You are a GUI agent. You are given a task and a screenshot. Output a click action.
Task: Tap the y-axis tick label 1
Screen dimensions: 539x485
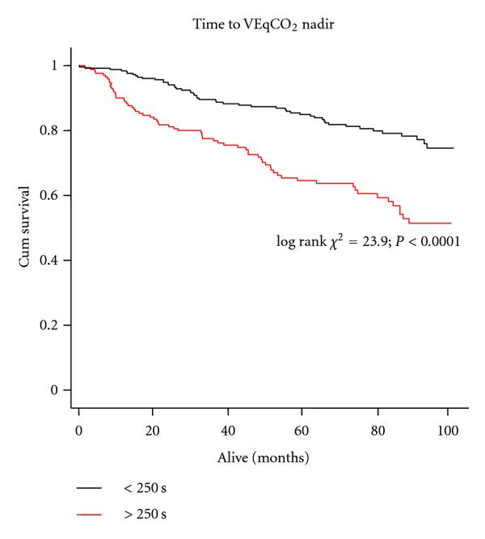[x=53, y=66]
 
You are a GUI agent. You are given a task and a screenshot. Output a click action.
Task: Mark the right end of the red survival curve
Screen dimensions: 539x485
[x=451, y=223]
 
